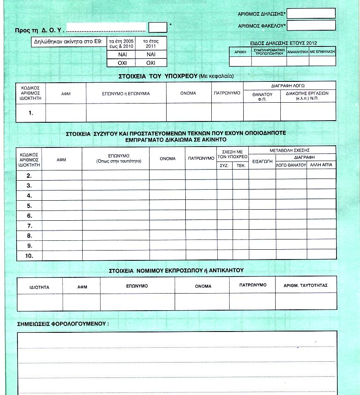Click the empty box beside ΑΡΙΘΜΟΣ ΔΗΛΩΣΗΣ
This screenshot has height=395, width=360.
pyautogui.click(x=311, y=14)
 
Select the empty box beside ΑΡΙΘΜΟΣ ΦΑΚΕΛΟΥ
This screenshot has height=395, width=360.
pyautogui.click(x=311, y=26)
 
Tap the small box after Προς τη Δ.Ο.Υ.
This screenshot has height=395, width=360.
pyautogui.click(x=158, y=27)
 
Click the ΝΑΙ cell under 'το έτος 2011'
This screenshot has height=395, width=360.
pyautogui.click(x=151, y=55)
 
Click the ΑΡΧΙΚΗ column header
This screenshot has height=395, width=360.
pyautogui.click(x=240, y=52)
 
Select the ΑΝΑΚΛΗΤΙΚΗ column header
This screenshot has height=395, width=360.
pyautogui.click(x=297, y=52)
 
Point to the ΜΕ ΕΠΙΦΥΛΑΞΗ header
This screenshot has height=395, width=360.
pyautogui.click(x=323, y=52)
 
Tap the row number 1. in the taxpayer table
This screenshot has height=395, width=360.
pyautogui.click(x=30, y=113)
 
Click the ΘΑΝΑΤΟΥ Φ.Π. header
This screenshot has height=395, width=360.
pyautogui.click(x=262, y=96)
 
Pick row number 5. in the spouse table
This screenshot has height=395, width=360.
pyautogui.click(x=29, y=206)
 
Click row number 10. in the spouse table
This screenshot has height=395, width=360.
pyautogui.click(x=29, y=256)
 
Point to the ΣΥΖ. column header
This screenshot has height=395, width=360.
pyautogui.click(x=224, y=165)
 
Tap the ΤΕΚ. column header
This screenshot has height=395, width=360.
pyautogui.click(x=241, y=165)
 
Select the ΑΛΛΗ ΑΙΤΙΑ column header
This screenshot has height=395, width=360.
pyautogui.click(x=321, y=164)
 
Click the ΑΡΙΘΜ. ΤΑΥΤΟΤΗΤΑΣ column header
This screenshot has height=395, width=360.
pyautogui.click(x=305, y=285)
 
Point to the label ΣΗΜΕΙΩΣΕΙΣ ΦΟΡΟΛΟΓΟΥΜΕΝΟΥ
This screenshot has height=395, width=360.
pyautogui.click(x=63, y=324)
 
